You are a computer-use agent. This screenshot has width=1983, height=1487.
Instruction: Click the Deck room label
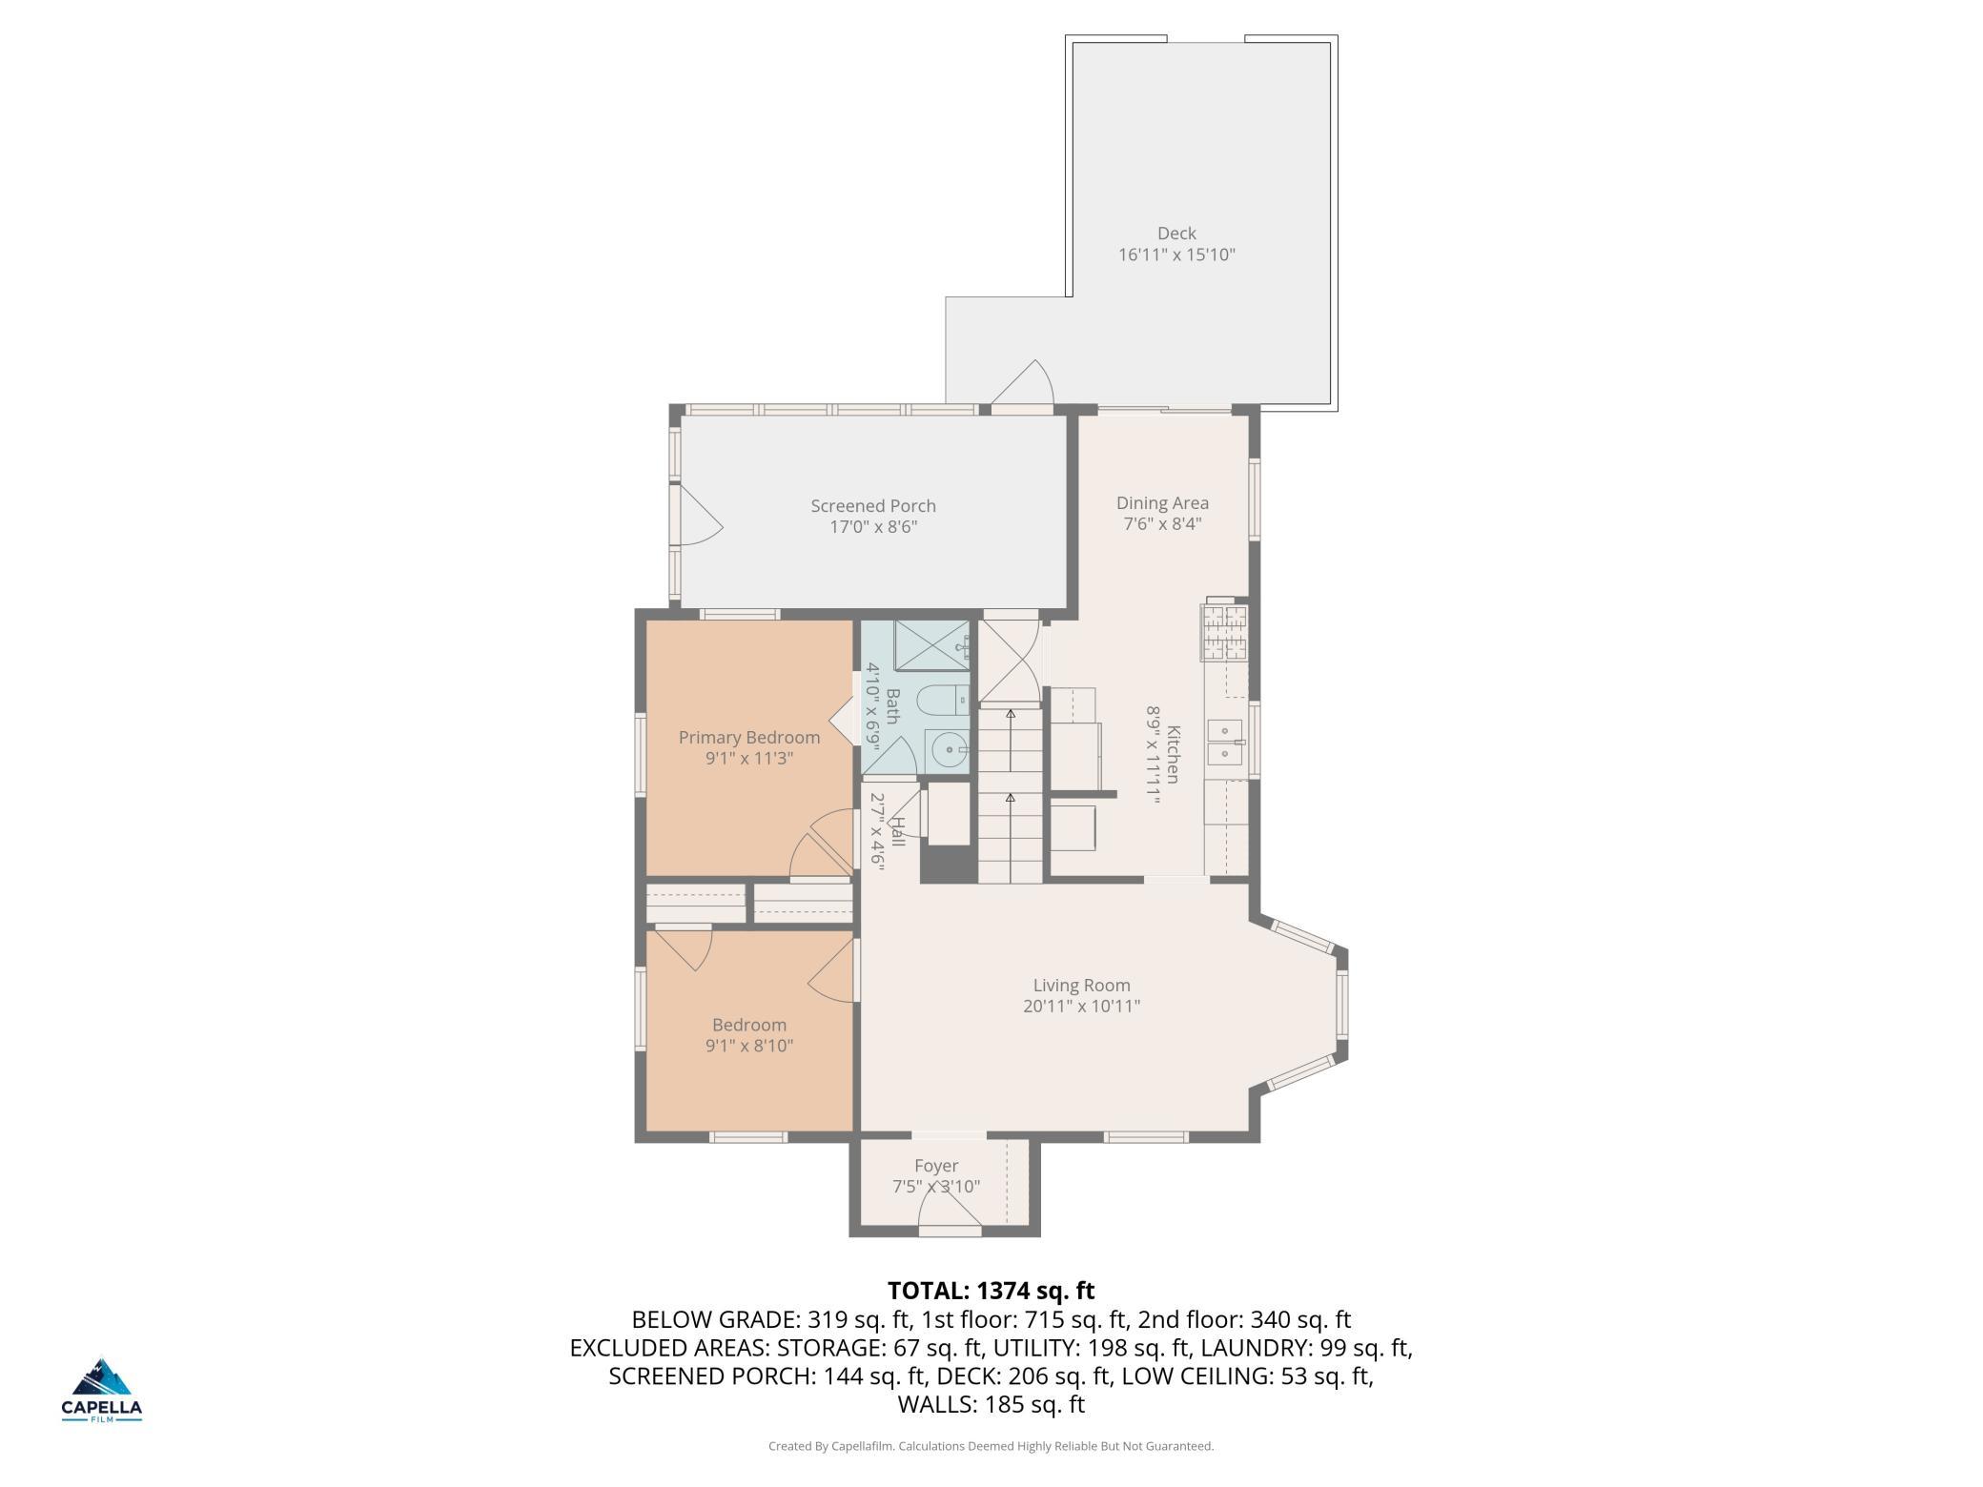tap(1176, 234)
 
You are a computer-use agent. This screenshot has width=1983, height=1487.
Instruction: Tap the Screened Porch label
tap(873, 506)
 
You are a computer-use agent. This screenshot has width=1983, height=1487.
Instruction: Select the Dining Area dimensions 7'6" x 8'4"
tap(1162, 524)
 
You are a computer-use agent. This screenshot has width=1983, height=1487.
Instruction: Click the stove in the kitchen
tap(1225, 632)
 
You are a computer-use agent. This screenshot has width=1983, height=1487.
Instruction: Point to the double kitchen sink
tap(1225, 743)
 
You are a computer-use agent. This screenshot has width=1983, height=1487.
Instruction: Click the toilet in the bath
tap(943, 702)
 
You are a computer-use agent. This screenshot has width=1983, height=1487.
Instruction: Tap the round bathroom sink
tap(950, 751)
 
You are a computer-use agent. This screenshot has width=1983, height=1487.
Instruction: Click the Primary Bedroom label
tap(749, 738)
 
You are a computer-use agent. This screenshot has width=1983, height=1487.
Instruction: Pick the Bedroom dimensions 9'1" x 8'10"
tap(749, 1046)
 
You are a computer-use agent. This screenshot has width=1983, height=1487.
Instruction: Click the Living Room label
tap(1082, 986)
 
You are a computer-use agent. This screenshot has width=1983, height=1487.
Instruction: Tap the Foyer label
tap(936, 1166)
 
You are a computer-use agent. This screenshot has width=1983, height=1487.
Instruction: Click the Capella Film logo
tap(102, 1391)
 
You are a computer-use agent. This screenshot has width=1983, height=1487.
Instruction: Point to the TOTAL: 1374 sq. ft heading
tap(991, 1291)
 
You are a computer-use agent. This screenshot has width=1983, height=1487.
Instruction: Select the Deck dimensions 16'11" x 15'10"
tap(1176, 255)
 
